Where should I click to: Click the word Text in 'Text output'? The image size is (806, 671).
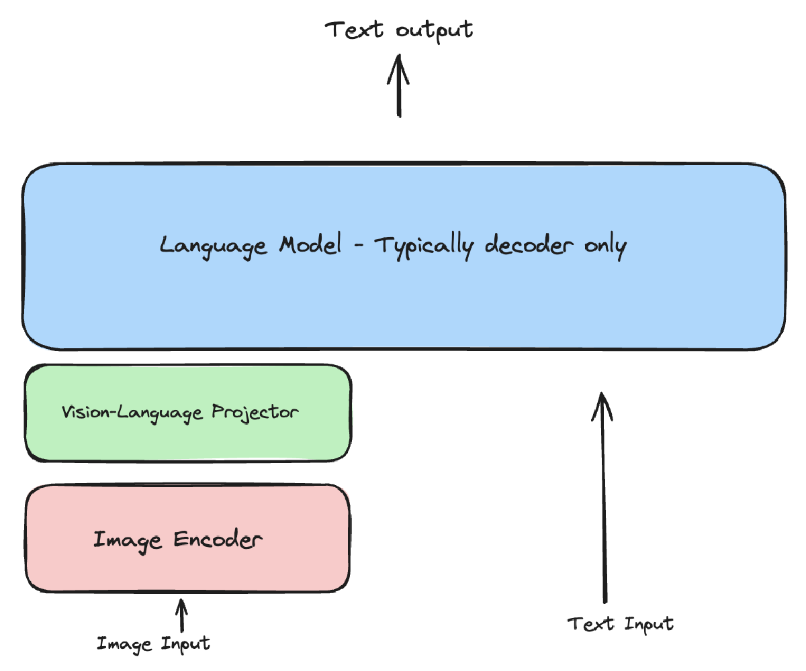[355, 30]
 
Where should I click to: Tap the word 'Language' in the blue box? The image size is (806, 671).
[212, 246]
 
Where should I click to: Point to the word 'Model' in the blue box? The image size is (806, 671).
[310, 245]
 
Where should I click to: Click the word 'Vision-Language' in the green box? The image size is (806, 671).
[132, 411]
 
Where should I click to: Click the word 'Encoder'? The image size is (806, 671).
[218, 539]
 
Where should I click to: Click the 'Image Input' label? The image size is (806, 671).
[153, 644]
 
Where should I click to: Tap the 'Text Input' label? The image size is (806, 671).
[621, 624]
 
